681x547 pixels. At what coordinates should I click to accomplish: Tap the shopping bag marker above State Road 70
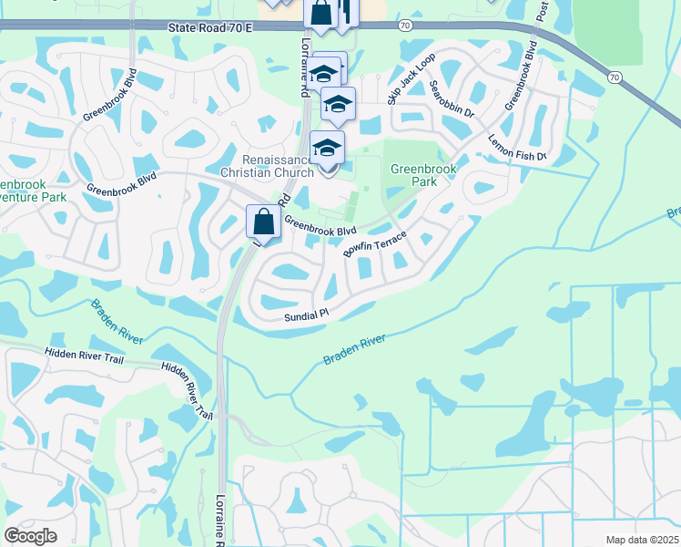click(320, 14)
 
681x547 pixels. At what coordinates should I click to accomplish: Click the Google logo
click(30, 536)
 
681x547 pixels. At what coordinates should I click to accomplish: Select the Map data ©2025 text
click(641, 540)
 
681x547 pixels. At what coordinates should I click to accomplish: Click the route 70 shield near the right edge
click(615, 78)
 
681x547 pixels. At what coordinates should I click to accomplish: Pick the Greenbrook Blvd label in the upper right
click(521, 77)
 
